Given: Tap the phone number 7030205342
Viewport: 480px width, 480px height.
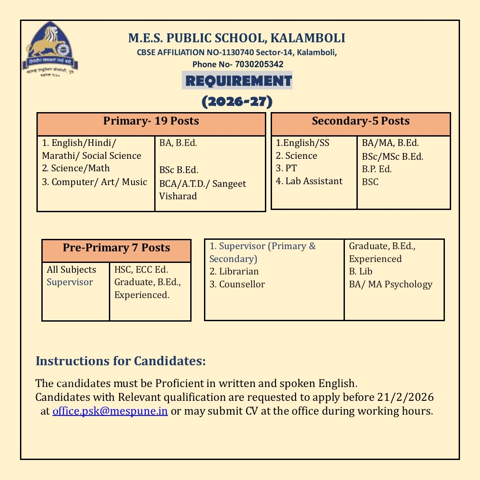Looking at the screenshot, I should point(259,64).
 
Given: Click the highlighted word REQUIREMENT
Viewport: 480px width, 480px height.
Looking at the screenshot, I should point(237,81).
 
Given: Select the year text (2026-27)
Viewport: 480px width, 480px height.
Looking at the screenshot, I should point(237,102).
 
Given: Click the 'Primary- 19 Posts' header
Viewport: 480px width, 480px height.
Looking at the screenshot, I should point(151,121).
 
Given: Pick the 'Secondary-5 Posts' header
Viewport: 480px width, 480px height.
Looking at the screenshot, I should point(360,121).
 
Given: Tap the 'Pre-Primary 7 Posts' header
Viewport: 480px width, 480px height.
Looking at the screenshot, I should point(116,248).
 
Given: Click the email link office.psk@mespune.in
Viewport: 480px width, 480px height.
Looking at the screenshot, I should point(110,411).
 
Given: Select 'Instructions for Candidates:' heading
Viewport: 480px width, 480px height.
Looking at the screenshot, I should point(120,361).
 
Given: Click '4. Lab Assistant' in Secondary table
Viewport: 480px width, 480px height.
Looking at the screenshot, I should point(309,181).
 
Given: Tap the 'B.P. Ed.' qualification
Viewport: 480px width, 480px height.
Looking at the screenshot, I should point(377,169).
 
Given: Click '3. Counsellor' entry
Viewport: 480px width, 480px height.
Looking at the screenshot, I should point(237,284).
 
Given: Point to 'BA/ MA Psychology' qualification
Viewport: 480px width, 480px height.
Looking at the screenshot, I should point(390,284).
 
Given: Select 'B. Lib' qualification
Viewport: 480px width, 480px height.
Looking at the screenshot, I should point(360,271).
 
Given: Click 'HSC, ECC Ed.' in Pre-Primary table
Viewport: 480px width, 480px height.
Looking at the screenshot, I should point(141,270).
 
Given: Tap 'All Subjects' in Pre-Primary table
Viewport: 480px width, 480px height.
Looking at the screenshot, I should point(71,270).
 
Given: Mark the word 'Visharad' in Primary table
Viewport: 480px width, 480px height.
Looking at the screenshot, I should point(178,196).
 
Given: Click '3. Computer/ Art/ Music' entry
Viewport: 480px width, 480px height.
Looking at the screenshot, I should point(94,182).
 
